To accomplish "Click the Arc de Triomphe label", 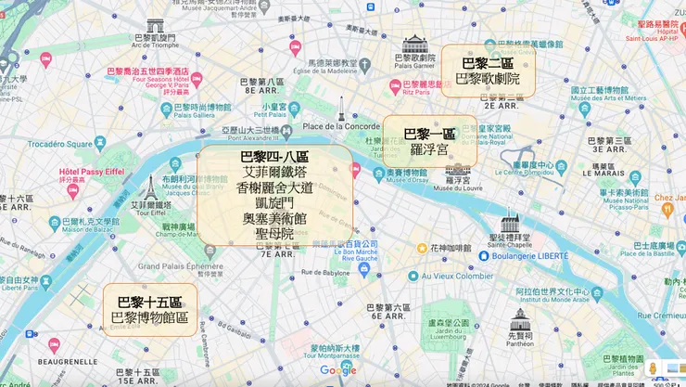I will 153,44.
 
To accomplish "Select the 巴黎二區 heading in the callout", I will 488,63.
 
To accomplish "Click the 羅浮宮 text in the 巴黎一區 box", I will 429,148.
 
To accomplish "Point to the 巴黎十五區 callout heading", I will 149,303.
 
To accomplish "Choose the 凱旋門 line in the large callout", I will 274,203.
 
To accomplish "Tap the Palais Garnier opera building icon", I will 415,44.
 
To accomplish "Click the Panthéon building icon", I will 520,321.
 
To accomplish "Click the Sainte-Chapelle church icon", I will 510,222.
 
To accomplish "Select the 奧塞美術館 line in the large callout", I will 274,218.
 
